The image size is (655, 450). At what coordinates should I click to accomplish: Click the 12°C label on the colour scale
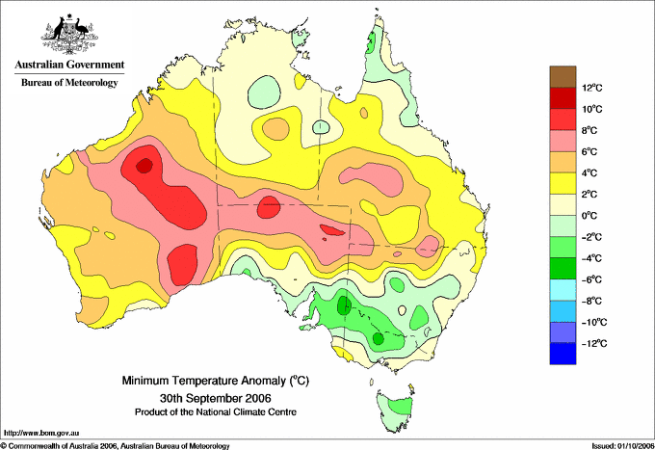click(592, 88)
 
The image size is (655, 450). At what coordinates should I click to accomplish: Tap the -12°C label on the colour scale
click(594, 343)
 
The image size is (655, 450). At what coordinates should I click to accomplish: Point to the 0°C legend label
click(589, 216)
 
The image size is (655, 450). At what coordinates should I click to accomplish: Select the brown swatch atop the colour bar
click(563, 76)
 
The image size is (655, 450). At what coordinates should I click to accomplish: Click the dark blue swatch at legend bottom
click(563, 354)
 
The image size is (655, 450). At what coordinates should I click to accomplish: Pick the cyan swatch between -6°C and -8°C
click(563, 290)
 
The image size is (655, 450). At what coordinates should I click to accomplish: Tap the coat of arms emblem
click(69, 34)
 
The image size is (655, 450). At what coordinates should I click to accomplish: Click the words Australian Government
click(69, 65)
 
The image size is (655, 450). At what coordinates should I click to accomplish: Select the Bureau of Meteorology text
click(69, 82)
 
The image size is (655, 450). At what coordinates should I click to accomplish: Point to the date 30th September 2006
click(216, 397)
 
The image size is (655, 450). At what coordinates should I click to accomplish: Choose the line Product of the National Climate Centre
click(216, 412)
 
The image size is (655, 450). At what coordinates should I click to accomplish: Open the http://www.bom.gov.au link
click(41, 434)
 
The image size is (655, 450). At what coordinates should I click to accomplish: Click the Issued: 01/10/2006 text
click(623, 446)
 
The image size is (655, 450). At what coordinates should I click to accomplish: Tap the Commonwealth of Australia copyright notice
click(116, 446)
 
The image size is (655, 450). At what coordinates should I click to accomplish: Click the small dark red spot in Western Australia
click(144, 165)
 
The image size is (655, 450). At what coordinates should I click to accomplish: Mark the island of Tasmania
click(395, 410)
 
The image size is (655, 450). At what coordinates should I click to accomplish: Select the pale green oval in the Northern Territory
click(265, 91)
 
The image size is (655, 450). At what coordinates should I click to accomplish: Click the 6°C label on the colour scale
click(589, 151)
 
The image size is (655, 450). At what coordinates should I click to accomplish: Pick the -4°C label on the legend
click(592, 258)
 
